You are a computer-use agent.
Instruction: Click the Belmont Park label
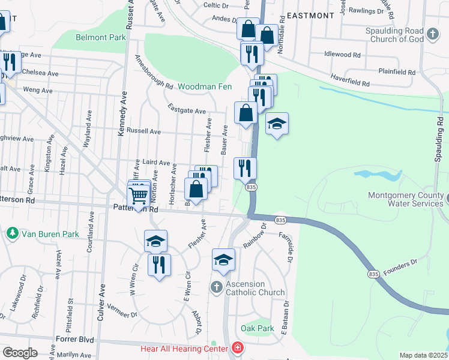tap(100, 37)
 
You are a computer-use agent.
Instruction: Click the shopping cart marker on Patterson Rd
tap(139, 196)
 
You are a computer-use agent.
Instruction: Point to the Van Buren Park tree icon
tap(11, 232)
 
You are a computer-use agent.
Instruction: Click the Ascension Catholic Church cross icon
tap(217, 287)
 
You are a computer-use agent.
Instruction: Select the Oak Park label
tap(257, 328)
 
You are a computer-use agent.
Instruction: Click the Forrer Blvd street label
tap(78, 340)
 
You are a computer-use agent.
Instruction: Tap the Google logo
tap(20, 352)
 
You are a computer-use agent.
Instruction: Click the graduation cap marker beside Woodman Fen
tap(277, 124)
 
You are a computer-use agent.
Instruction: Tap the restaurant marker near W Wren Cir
tap(159, 265)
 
